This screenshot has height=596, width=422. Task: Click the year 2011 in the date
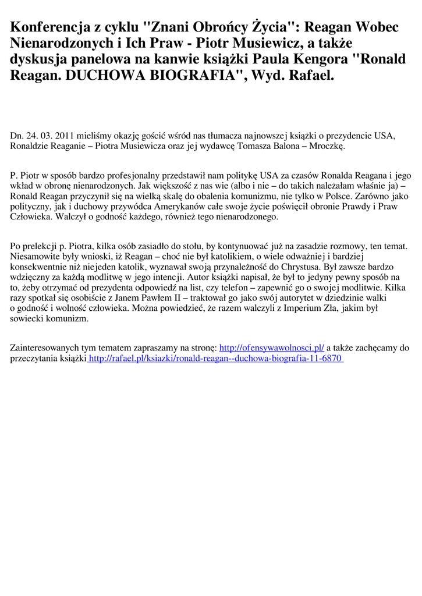click(65, 136)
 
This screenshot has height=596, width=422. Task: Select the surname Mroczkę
click(327, 146)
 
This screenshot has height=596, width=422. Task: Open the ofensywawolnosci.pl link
click(271, 348)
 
